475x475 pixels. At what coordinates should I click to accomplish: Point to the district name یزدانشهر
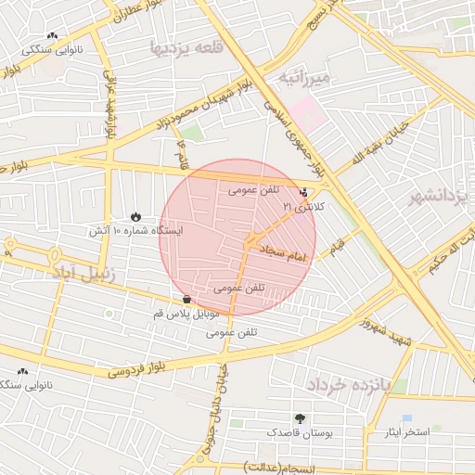tap(442, 198)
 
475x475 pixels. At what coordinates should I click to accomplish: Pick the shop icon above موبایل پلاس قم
tap(188, 300)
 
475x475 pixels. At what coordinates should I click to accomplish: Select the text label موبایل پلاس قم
tap(188, 315)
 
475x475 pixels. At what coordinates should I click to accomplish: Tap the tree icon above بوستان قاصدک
tap(300, 418)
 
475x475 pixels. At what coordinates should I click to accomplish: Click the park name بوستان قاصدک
tap(298, 432)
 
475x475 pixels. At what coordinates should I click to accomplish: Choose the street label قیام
tap(336, 245)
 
